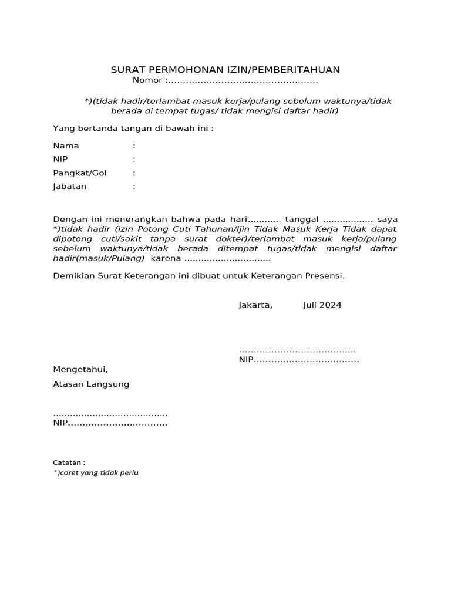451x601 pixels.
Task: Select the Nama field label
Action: click(x=66, y=146)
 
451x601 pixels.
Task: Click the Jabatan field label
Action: click(x=70, y=187)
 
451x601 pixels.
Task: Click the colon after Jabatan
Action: click(x=134, y=187)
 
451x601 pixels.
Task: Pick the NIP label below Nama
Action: click(x=61, y=159)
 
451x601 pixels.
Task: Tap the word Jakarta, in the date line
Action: click(x=255, y=305)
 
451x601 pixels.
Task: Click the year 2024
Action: click(x=331, y=305)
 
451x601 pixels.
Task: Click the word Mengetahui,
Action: click(x=81, y=370)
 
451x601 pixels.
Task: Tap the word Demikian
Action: click(x=72, y=275)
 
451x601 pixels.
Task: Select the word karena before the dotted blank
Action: click(x=166, y=259)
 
